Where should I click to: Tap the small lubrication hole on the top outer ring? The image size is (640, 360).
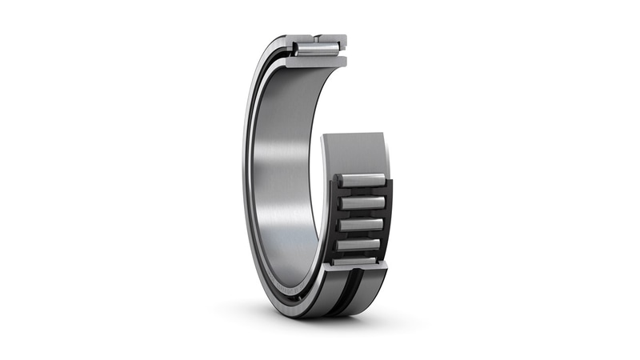click(319, 37)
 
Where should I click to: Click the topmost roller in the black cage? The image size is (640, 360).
click(362, 182)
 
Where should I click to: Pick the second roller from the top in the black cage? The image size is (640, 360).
click(362, 204)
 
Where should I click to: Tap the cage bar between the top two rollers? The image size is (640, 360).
click(362, 194)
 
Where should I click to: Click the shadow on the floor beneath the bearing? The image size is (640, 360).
click(320, 320)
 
